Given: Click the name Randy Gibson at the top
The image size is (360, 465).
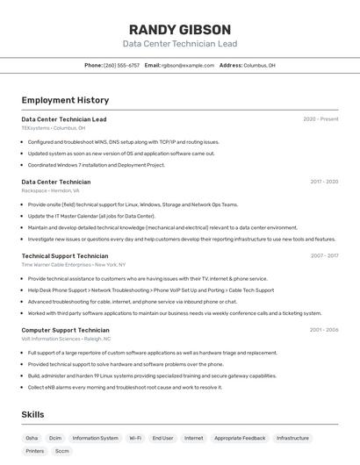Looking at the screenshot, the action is [x=179, y=29].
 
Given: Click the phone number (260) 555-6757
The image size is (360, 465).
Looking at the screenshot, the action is [x=121, y=65].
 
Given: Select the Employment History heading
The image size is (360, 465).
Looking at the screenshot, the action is [x=65, y=100].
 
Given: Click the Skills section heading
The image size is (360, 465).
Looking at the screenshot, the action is [x=33, y=414].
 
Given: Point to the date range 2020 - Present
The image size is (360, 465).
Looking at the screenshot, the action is [x=320, y=119].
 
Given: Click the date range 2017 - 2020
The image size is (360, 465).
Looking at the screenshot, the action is [x=324, y=182].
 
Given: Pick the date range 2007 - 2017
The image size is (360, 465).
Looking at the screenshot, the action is [x=324, y=256].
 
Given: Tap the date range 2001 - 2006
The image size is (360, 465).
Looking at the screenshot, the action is [x=324, y=331].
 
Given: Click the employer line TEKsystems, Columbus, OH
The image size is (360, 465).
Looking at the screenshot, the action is [x=54, y=128].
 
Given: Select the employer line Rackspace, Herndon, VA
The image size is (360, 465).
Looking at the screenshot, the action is [x=50, y=190].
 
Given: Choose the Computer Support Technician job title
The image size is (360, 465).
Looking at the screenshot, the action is [x=65, y=331].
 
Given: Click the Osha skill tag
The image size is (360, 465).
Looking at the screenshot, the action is [x=32, y=438].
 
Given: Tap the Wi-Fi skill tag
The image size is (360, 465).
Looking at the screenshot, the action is [x=135, y=438].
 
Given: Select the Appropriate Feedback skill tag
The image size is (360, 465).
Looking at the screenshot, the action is [x=240, y=438].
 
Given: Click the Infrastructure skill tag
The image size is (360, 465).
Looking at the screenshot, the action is [x=292, y=438].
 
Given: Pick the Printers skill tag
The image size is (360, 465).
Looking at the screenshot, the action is [x=35, y=451].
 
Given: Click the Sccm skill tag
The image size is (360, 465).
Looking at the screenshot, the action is [x=62, y=451].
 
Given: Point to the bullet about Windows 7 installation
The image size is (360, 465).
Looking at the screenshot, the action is [x=96, y=165].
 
